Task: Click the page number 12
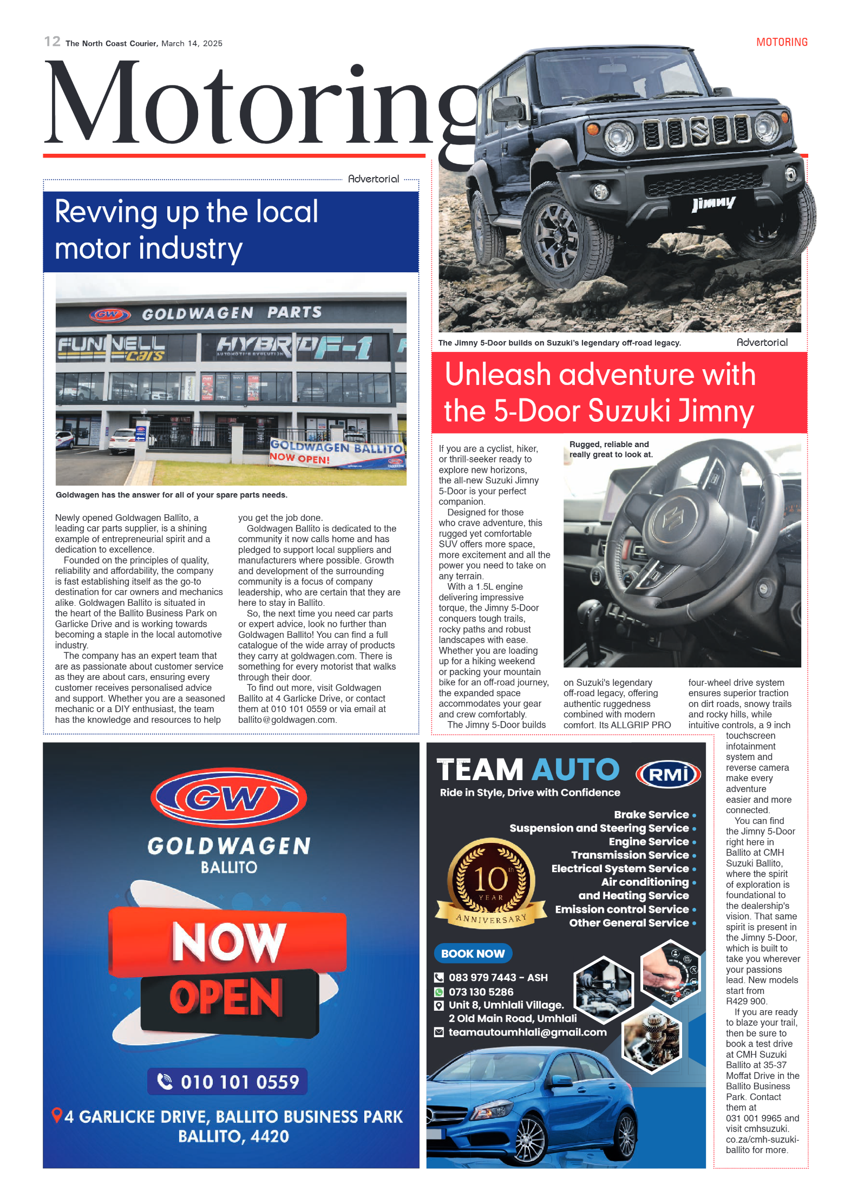(52, 42)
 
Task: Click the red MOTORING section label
(781, 42)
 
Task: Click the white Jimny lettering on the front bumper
(713, 204)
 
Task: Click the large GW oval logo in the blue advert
(229, 797)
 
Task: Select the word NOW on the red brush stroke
(228, 941)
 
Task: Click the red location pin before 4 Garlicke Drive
(56, 1115)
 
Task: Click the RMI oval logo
(667, 774)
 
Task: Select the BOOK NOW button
(473, 953)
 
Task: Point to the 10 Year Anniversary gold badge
(491, 882)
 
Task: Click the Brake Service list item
(651, 814)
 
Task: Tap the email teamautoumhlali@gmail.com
(527, 1032)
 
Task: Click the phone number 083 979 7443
(482, 977)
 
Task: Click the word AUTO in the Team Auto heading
(575, 769)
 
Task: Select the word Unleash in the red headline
(497, 375)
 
